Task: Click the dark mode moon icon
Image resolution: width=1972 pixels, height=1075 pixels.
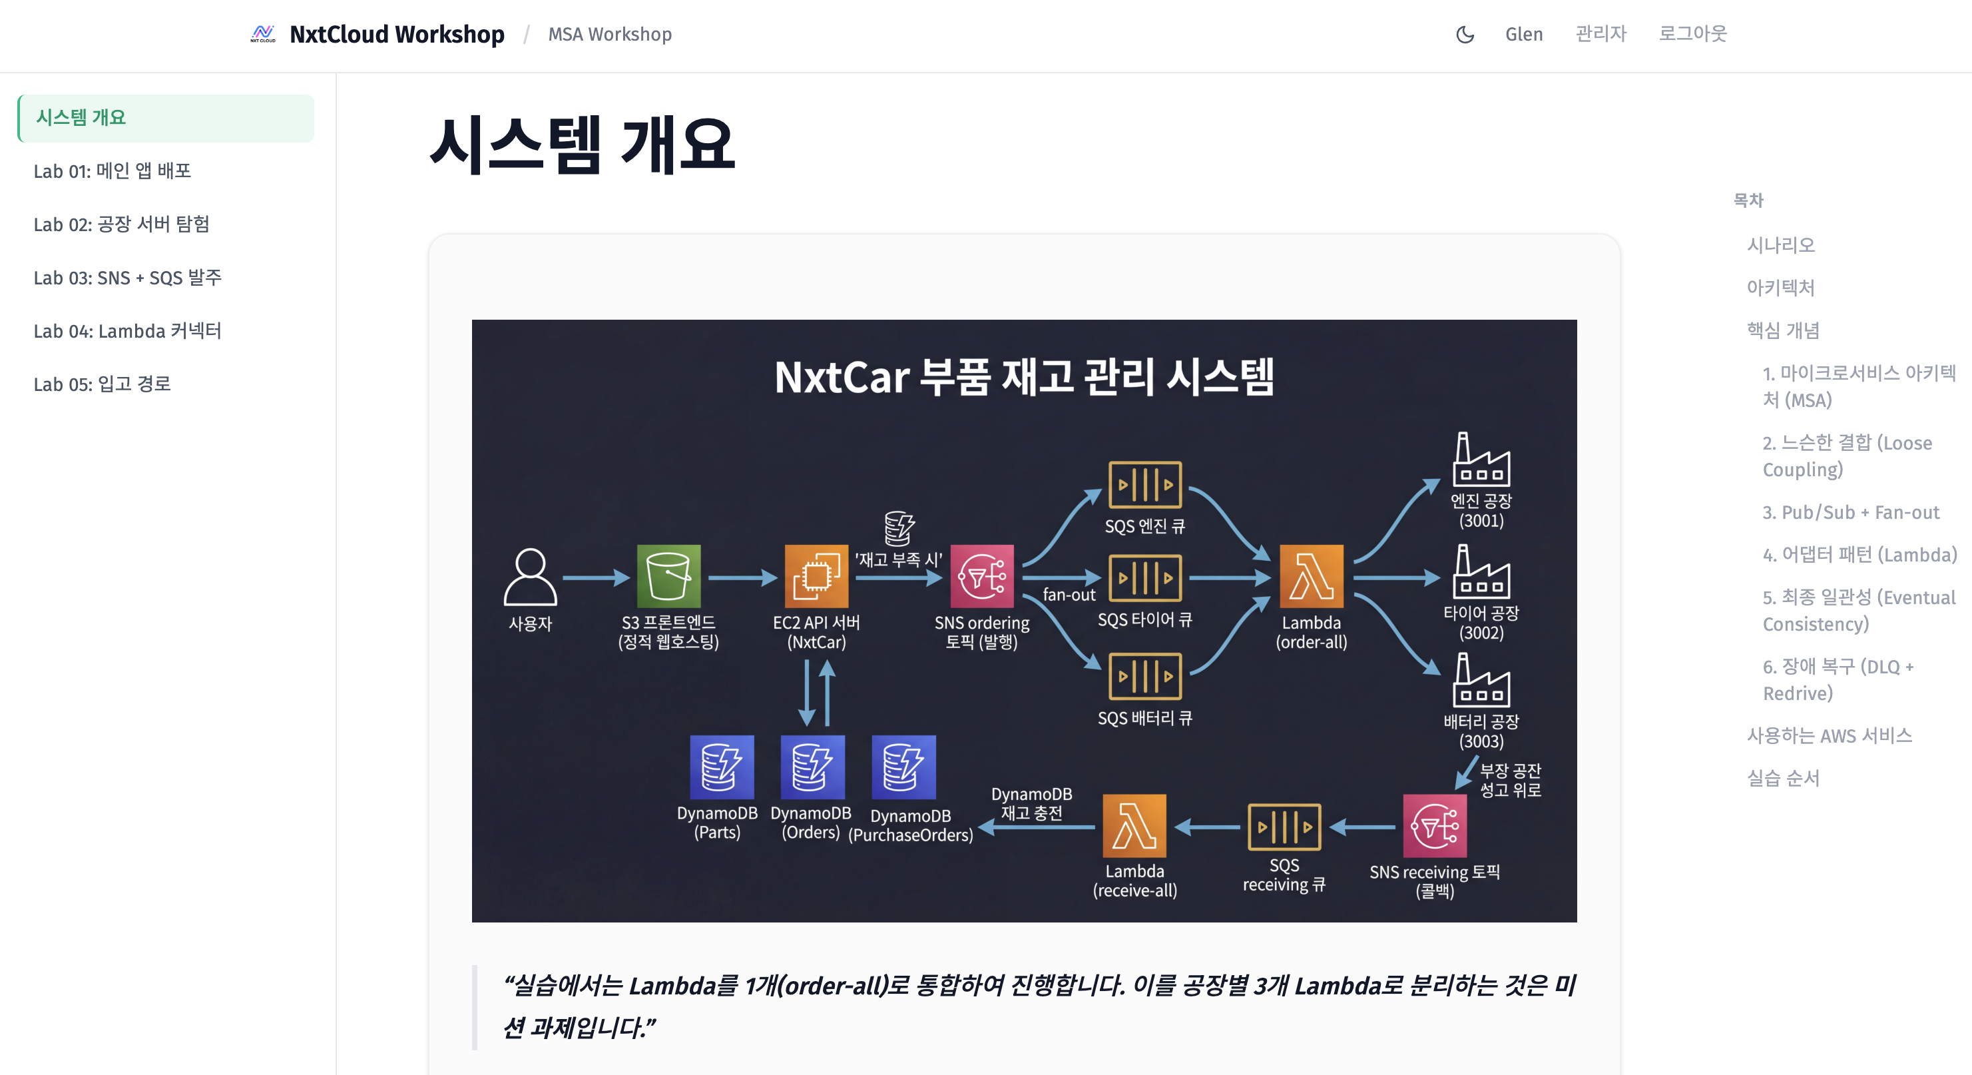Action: [1465, 35]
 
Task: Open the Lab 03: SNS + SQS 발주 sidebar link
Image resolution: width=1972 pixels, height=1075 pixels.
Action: [128, 277]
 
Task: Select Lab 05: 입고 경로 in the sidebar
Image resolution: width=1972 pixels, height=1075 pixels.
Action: [102, 384]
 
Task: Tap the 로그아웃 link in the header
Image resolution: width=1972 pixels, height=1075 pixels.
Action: [1692, 34]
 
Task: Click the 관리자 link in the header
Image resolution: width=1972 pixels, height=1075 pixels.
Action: [1600, 34]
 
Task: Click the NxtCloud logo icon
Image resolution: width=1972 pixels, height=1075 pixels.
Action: [262, 34]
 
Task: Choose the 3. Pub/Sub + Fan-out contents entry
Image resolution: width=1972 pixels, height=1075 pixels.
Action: [1850, 512]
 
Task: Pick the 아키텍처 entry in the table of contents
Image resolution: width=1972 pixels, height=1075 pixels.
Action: [1780, 287]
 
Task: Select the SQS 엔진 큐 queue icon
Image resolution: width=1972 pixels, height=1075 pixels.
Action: [1144, 485]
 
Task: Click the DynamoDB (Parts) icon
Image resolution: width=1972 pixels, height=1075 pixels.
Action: [721, 767]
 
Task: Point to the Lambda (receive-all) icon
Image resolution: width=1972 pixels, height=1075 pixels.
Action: [1134, 826]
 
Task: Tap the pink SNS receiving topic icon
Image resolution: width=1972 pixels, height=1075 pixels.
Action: [1434, 826]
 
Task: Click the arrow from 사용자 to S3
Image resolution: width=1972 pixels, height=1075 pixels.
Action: [596, 577]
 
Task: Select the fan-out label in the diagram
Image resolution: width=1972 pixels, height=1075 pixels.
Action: [1069, 595]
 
